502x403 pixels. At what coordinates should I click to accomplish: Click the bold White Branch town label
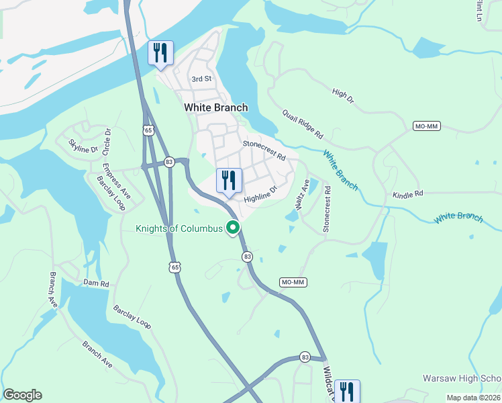pyautogui.click(x=215, y=107)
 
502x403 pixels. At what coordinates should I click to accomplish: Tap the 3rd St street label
pyautogui.click(x=201, y=79)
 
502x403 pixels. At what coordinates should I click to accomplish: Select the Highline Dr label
pyautogui.click(x=260, y=195)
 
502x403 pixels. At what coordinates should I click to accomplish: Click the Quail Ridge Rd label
pyautogui.click(x=303, y=124)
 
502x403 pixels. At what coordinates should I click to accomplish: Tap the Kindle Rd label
pyautogui.click(x=408, y=193)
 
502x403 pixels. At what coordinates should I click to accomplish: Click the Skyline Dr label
pyautogui.click(x=84, y=145)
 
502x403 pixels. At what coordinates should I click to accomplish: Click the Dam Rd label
pyautogui.click(x=96, y=283)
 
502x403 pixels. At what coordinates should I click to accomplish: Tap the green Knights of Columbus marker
pyautogui.click(x=234, y=228)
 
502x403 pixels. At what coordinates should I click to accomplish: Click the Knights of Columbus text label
pyautogui.click(x=179, y=228)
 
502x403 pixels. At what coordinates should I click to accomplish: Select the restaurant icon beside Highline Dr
pyautogui.click(x=229, y=180)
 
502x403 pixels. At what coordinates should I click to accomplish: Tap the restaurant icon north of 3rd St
pyautogui.click(x=160, y=52)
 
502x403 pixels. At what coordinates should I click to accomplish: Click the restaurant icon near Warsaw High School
pyautogui.click(x=347, y=392)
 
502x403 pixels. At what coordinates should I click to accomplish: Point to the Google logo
pyautogui.click(x=22, y=395)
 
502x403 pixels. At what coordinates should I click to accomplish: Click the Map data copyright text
pyautogui.click(x=473, y=398)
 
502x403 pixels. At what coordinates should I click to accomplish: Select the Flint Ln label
pyautogui.click(x=479, y=10)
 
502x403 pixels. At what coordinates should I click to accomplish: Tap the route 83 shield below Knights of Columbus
pyautogui.click(x=247, y=257)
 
